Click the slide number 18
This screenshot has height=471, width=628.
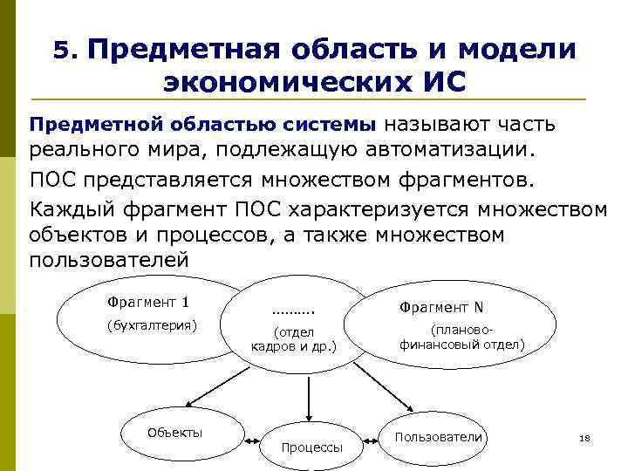[x=585, y=438]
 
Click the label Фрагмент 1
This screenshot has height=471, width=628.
[x=148, y=303]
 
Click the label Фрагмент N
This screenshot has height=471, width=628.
[x=441, y=307]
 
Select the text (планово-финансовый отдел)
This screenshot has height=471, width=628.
[x=462, y=338]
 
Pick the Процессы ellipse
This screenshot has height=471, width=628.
[x=312, y=447]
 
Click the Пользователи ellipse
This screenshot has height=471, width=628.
[x=439, y=436]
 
